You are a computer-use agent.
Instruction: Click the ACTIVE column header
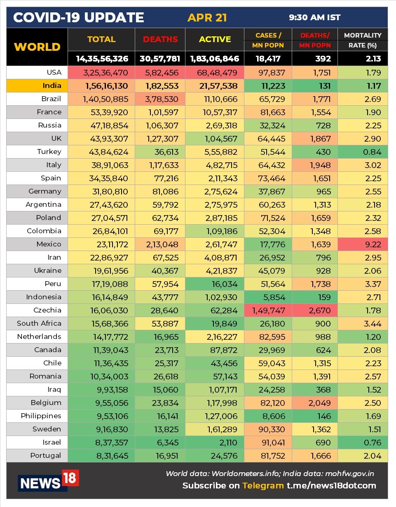[x=215, y=40]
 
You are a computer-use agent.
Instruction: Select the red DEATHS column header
[x=160, y=40]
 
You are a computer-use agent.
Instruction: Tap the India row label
[x=52, y=86]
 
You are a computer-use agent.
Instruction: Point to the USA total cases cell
[x=101, y=73]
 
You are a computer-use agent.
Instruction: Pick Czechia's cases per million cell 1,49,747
[x=268, y=310]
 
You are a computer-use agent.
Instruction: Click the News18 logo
[x=49, y=481]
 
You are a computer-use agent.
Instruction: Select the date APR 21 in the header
[x=207, y=18]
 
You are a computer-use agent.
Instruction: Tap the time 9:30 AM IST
[x=315, y=18]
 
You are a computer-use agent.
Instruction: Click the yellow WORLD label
[x=37, y=47]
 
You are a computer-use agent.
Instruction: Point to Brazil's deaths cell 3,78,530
[x=160, y=99]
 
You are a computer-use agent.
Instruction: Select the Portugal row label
[x=45, y=456]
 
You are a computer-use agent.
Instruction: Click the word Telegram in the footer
[x=262, y=486]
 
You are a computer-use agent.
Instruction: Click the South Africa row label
[x=39, y=324]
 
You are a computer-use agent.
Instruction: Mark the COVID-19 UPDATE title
[x=79, y=18]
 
